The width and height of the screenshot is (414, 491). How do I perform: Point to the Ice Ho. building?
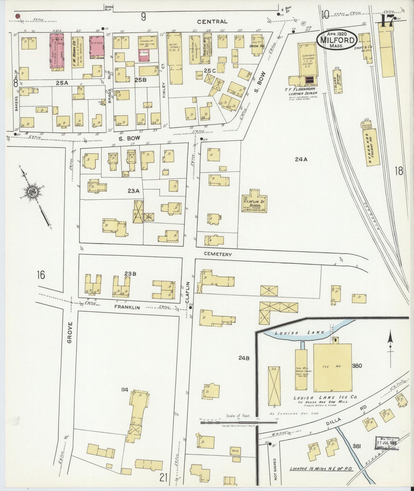[332, 368]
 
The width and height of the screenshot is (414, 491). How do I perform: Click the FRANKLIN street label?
[127, 307]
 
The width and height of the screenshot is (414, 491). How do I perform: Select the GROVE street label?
[70, 332]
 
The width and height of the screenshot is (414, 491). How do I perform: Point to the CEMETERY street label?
[217, 254]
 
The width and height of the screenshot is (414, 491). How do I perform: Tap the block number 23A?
[133, 190]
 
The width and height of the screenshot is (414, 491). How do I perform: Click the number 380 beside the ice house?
[358, 366]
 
